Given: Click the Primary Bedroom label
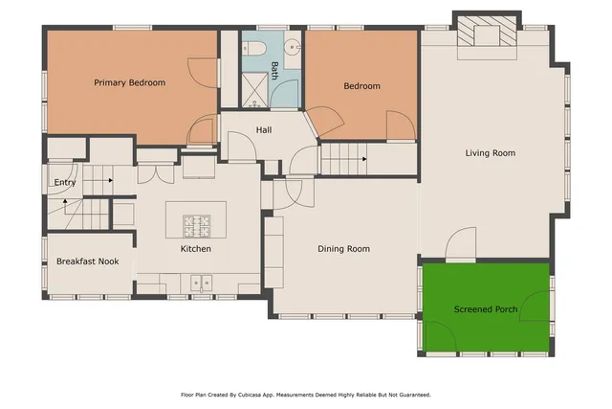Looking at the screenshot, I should click(129, 83).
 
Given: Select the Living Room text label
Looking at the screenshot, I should click(490, 153).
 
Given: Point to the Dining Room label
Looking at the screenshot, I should click(343, 249).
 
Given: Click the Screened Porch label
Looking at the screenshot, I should click(485, 309).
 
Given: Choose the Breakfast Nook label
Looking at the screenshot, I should click(87, 261).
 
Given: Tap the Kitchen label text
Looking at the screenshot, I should click(196, 249).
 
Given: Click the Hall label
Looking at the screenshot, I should click(265, 130).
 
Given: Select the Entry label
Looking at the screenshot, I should click(65, 183).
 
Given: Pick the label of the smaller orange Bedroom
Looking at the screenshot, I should click(361, 86).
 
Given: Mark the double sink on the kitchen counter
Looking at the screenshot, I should click(201, 282).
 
